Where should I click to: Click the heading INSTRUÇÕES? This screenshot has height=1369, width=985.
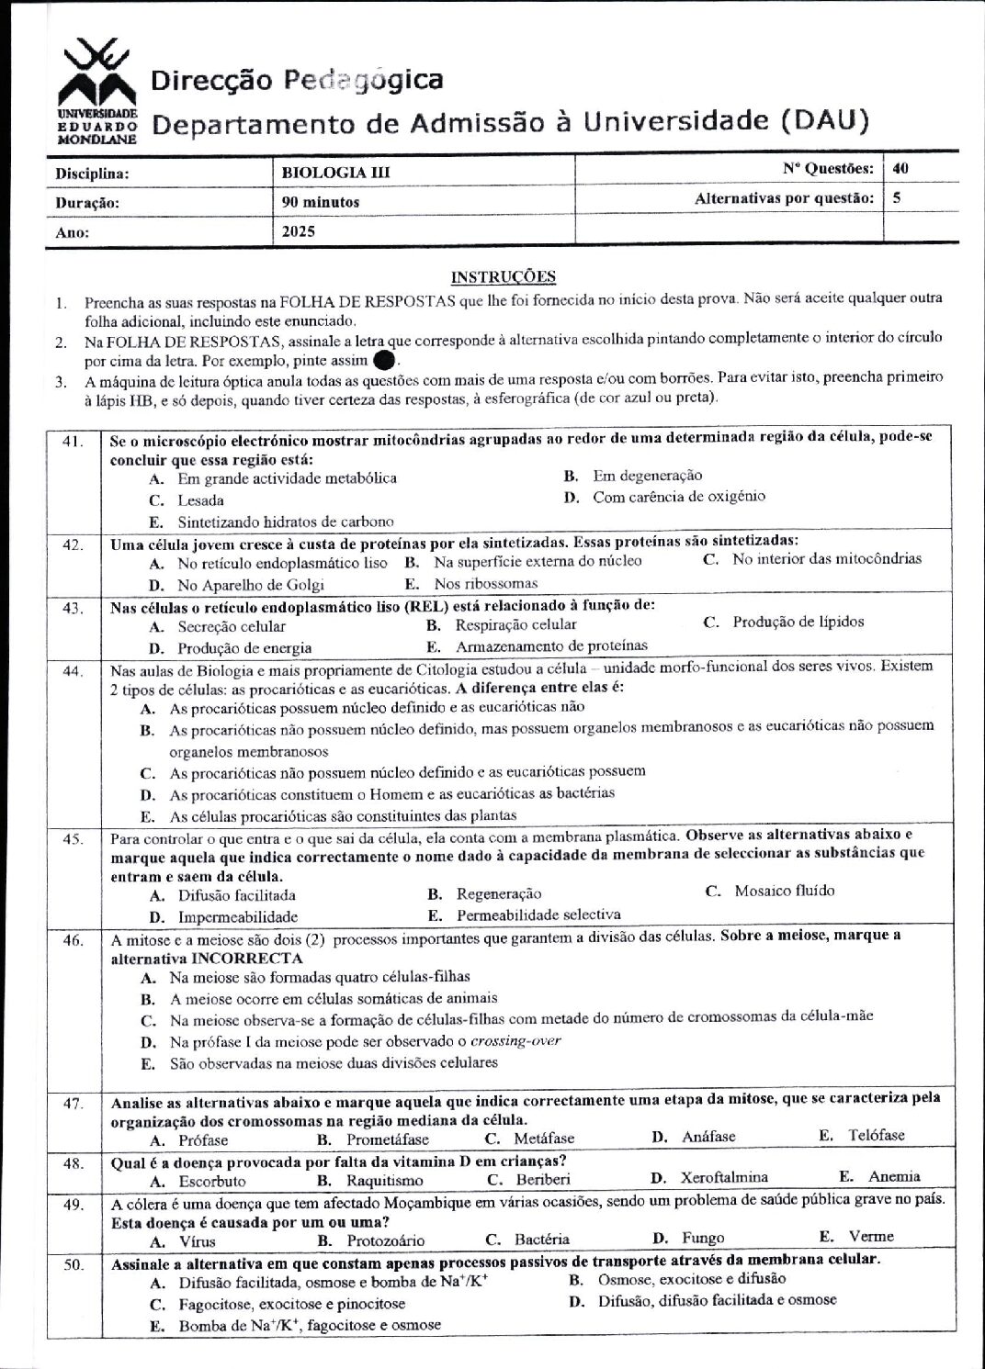click(x=504, y=276)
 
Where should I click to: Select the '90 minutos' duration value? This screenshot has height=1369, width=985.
click(x=321, y=202)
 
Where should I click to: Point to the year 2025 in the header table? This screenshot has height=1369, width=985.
click(x=299, y=231)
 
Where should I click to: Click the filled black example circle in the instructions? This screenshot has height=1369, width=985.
click(x=388, y=360)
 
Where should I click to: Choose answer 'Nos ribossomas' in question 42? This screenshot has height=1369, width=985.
click(x=486, y=583)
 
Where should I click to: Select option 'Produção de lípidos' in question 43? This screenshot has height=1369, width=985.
click(x=798, y=622)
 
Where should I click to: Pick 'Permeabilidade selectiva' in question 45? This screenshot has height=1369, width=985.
click(x=538, y=915)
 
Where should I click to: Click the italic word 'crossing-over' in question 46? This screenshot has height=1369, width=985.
click(x=515, y=1040)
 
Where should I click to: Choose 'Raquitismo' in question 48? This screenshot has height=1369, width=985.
click(x=384, y=1180)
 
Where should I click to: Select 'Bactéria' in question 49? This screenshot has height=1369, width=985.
click(x=541, y=1239)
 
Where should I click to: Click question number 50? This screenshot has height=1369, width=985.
click(x=74, y=1265)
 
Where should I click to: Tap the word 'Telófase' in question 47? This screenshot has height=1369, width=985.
click(x=876, y=1135)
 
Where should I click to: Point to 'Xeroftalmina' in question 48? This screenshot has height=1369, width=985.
click(x=724, y=1177)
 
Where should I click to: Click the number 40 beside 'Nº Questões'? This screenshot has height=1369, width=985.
click(x=900, y=168)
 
